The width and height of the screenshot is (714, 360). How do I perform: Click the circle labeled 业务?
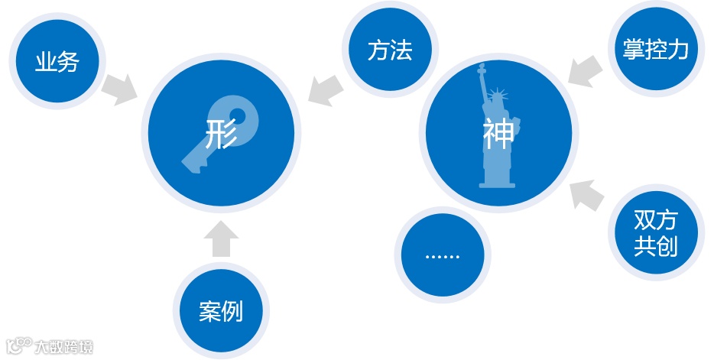tap(57, 61)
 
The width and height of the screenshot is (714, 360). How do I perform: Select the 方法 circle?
tap(390, 50)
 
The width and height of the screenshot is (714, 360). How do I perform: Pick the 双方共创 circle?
tap(656, 232)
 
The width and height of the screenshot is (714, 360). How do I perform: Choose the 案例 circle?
tap(220, 311)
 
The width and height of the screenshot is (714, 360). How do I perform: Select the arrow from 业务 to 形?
tap(118, 89)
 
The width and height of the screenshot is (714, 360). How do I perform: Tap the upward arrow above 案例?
tap(221, 239)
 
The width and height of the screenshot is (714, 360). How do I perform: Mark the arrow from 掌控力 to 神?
tap(586, 71)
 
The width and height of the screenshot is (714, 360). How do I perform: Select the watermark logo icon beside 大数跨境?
tap(19, 346)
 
